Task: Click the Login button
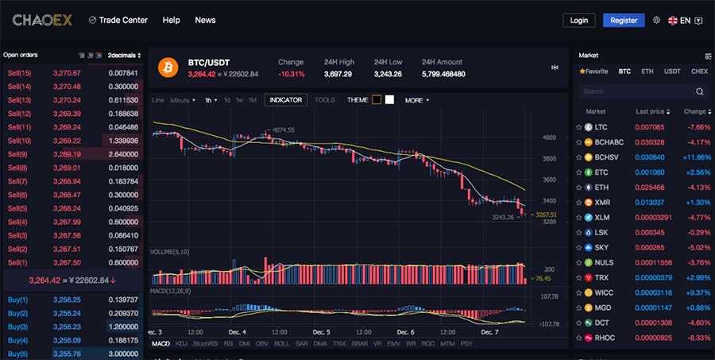[578, 20]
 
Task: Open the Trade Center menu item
[119, 20]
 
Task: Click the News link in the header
[205, 20]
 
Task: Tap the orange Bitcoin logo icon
[168, 68]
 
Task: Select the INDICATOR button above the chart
[285, 100]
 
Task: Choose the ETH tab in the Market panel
[647, 72]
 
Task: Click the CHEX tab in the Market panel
[699, 72]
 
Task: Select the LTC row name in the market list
[601, 127]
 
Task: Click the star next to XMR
[579, 203]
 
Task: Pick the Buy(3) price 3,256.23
[67, 327]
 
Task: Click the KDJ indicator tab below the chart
[181, 343]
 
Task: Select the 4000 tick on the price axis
[549, 137]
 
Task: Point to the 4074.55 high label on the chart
[283, 130]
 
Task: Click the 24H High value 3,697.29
[338, 74]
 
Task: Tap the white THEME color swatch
[390, 100]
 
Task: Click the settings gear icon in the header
[656, 21]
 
